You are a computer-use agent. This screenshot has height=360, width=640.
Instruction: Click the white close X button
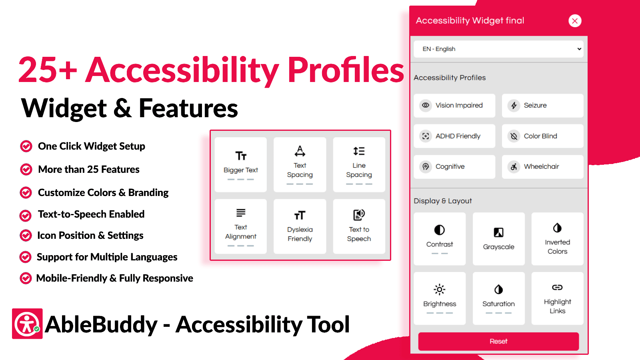(575, 21)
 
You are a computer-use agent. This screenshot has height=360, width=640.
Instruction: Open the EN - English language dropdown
(498, 49)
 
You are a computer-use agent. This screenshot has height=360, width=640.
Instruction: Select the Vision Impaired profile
(454, 106)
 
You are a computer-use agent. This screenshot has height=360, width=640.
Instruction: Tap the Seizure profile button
(542, 106)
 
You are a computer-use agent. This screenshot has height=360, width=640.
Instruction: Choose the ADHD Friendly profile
(454, 136)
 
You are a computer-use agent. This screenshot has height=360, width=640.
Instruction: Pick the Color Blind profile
(542, 136)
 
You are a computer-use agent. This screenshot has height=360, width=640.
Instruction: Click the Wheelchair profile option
(542, 166)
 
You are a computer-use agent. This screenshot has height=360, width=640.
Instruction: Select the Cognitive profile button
(454, 166)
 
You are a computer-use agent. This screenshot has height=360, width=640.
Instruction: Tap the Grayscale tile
(498, 239)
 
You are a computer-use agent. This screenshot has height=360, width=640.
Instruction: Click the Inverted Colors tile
(557, 239)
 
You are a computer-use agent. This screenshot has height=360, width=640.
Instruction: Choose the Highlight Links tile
(557, 298)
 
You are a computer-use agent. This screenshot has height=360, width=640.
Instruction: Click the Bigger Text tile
(240, 164)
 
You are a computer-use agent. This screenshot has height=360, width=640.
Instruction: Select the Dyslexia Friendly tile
(300, 226)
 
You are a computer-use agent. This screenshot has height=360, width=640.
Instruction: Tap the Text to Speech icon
(359, 215)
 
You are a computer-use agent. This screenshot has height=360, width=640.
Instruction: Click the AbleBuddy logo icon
(27, 324)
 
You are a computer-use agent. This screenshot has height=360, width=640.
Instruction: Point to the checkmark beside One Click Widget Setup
(26, 146)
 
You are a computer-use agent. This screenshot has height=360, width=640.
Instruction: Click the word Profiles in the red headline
(346, 70)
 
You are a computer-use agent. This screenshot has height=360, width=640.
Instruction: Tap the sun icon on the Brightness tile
(439, 289)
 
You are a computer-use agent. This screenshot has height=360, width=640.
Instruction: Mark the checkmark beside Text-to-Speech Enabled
(26, 216)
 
